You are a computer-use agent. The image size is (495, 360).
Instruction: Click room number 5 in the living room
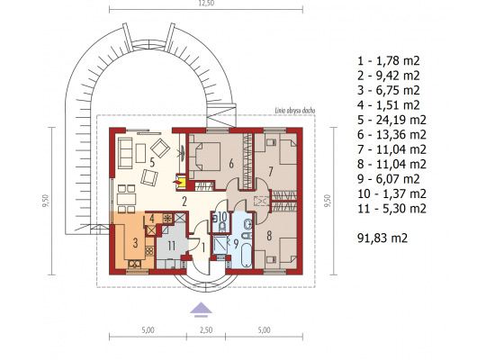(152, 163)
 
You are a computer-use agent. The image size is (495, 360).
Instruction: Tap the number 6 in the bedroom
(231, 164)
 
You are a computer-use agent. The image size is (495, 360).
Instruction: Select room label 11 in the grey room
(171, 246)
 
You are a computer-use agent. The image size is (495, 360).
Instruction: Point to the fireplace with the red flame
(182, 182)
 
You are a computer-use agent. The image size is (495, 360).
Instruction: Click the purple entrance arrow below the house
(201, 310)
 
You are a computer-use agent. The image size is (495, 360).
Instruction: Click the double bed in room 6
(204, 157)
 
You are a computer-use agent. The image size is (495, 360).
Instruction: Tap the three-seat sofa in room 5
(125, 152)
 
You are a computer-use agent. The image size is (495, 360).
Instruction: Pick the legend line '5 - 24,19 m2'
(391, 120)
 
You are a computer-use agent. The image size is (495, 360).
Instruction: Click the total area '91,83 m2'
(382, 238)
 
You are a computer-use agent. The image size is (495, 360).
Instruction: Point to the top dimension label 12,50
(206, 4)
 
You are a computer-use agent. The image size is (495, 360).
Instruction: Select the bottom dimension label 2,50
(206, 330)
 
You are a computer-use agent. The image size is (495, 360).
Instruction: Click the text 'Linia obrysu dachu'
(295, 111)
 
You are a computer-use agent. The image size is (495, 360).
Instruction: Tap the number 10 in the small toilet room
(222, 217)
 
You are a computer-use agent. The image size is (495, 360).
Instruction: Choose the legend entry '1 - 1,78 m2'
(388, 60)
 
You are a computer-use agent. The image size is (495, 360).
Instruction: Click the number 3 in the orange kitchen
(135, 243)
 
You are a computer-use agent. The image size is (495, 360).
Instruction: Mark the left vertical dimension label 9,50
(46, 201)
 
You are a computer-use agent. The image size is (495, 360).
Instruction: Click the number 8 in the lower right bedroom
(269, 236)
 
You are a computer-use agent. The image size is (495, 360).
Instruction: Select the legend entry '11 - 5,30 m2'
(391, 209)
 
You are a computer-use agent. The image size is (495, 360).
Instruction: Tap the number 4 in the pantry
(152, 219)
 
